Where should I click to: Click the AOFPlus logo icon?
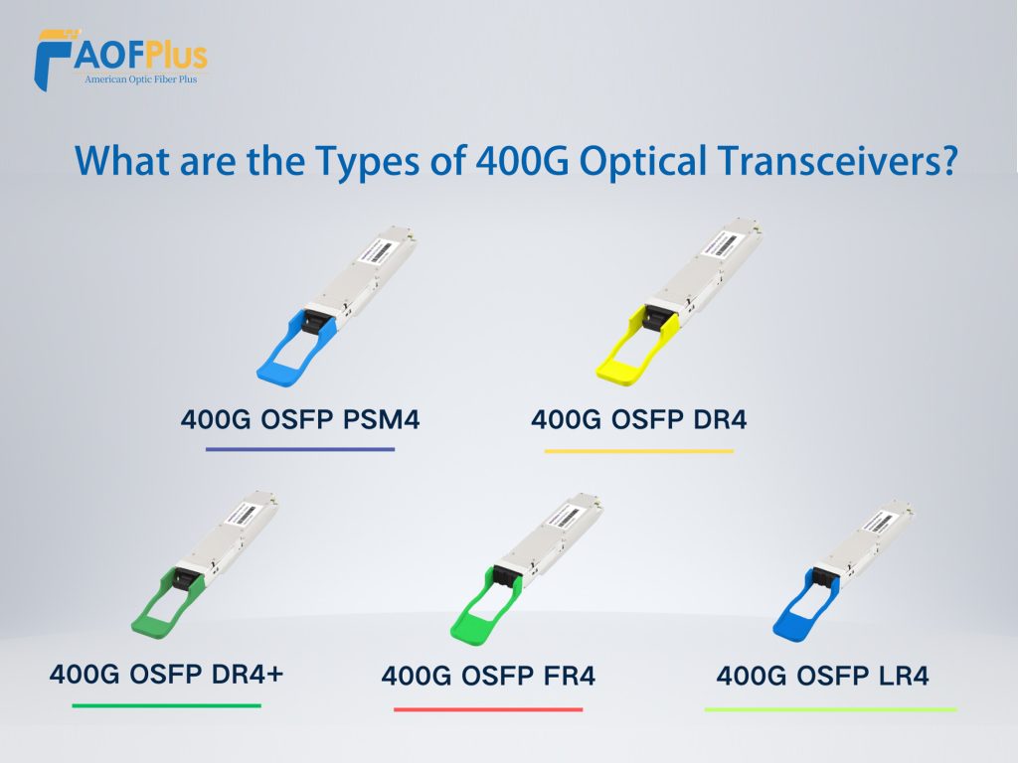pyautogui.click(x=55, y=60)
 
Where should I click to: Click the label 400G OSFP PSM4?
pyautogui.click(x=300, y=419)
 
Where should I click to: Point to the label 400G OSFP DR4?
pyautogui.click(x=639, y=419)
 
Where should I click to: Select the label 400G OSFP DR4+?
pyautogui.click(x=166, y=674)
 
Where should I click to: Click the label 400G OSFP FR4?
pyautogui.click(x=488, y=677)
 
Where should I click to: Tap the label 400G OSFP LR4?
pyautogui.click(x=822, y=677)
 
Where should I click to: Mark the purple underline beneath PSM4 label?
pyautogui.click(x=300, y=449)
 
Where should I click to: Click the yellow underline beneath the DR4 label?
pyautogui.click(x=639, y=451)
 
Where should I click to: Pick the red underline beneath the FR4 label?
pyautogui.click(x=488, y=709)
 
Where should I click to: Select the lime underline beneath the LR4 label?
pyautogui.click(x=830, y=709)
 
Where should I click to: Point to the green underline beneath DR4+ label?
pyautogui.click(x=166, y=705)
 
